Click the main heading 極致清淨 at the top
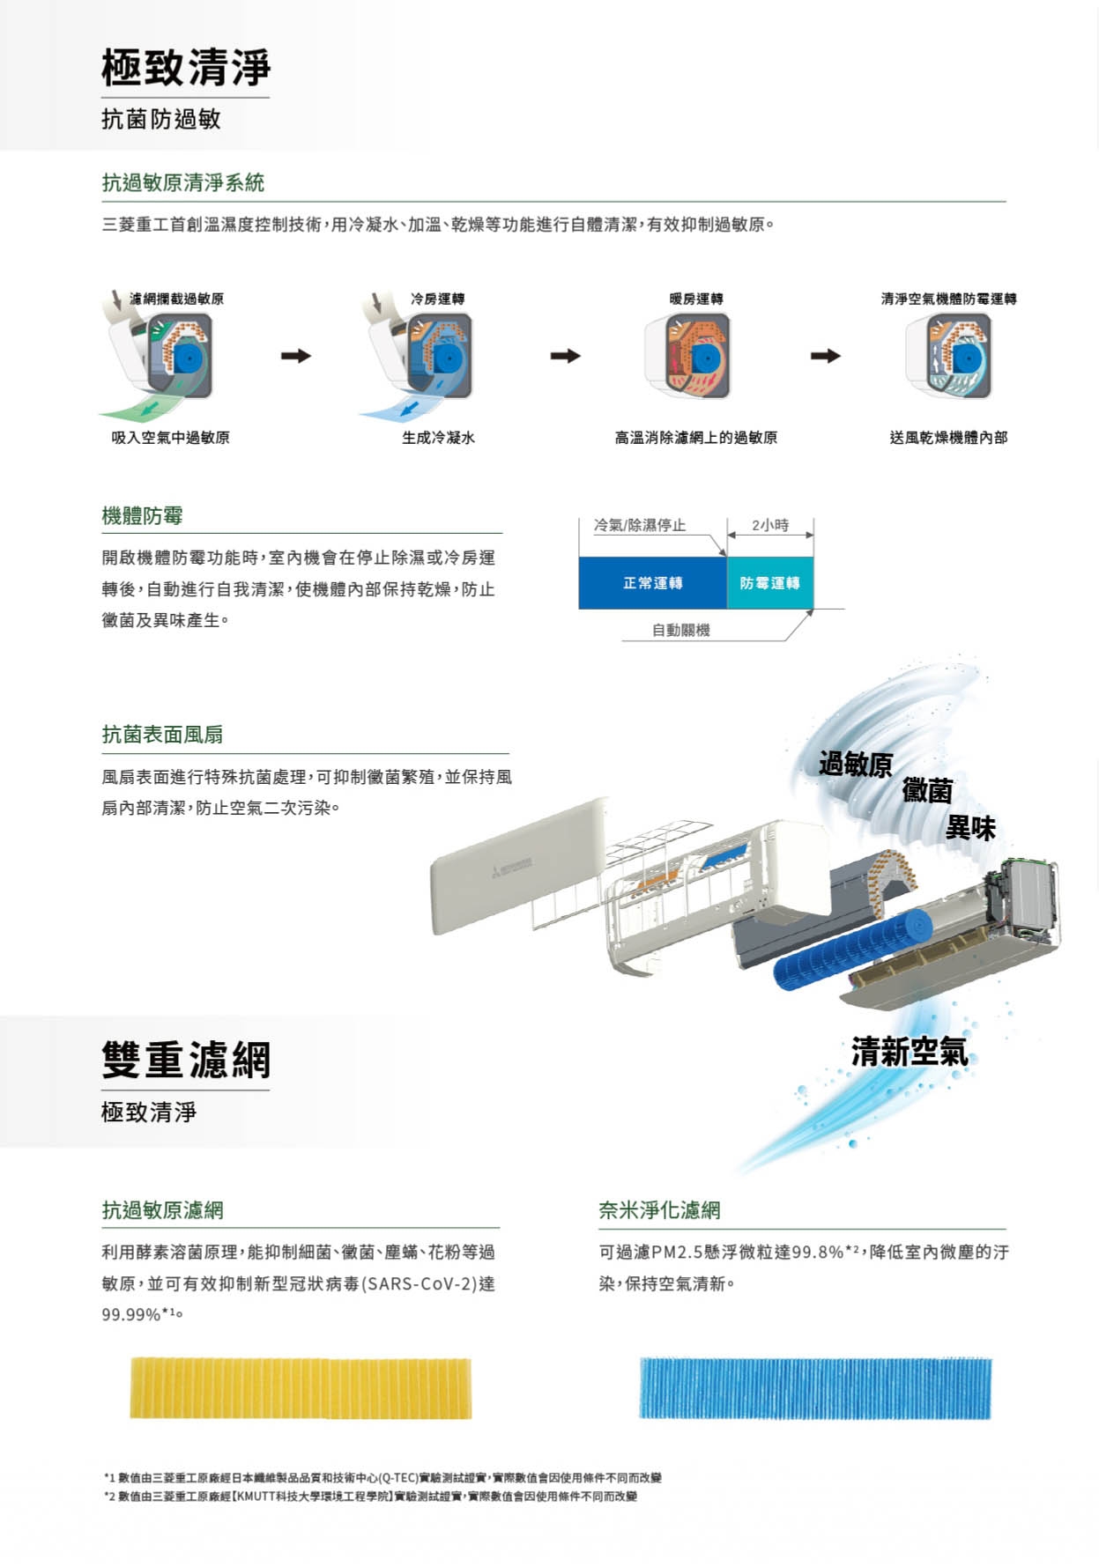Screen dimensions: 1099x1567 point(186,67)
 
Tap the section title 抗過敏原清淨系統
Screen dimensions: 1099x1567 point(183,182)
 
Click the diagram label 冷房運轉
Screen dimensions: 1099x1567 point(437,299)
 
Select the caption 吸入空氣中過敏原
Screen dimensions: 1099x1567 point(170,438)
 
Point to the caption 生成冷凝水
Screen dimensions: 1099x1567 point(438,438)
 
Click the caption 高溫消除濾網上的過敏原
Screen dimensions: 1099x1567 point(695,438)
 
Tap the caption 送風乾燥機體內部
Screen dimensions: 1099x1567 point(948,438)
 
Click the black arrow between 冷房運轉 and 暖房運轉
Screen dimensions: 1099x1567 point(566,356)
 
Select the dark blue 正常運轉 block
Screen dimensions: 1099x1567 point(653,583)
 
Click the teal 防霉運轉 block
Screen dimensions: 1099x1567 point(770,583)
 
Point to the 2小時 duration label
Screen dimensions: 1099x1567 point(770,525)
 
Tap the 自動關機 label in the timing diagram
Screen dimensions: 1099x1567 point(681,630)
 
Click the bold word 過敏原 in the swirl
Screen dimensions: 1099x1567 point(855,764)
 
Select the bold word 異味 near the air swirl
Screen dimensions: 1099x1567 point(970,828)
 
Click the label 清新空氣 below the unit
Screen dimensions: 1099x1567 point(910,1051)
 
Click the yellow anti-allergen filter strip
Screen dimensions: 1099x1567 point(301,1388)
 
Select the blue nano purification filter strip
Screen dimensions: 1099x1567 point(815,1388)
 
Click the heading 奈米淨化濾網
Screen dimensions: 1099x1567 point(659,1210)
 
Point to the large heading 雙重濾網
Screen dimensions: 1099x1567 point(186,1059)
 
